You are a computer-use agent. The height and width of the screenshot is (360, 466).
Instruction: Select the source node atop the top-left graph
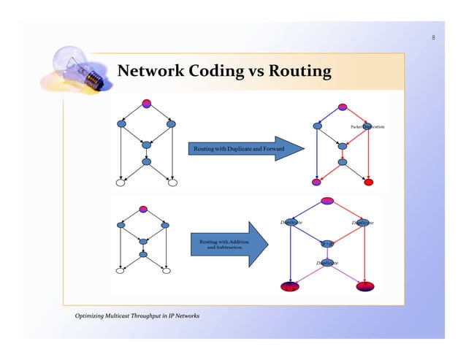coord(146,103)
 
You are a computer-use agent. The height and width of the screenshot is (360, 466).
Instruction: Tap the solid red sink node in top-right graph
coord(369,182)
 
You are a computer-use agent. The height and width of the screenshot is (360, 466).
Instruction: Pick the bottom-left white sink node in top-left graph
coord(121,182)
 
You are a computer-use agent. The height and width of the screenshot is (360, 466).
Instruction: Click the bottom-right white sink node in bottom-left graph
coord(167,271)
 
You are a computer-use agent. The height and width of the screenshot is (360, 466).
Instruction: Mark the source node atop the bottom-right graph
coord(327,201)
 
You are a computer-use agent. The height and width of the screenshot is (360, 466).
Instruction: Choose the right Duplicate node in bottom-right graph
coord(363,223)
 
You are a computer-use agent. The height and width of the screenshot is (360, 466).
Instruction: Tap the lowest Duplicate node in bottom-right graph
coord(327,261)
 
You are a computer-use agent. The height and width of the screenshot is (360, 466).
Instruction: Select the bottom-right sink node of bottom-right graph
coord(364,286)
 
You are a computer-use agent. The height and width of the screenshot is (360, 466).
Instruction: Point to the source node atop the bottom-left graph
coord(143,209)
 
